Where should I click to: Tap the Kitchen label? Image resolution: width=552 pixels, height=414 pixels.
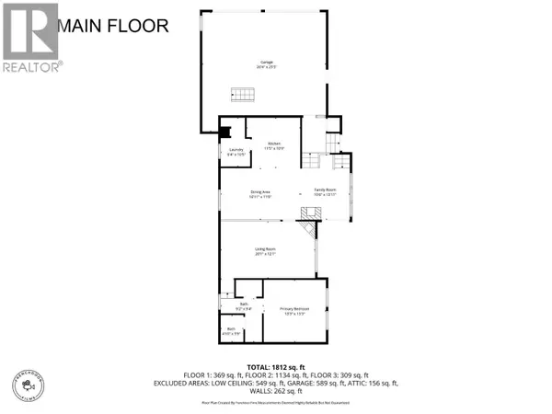coord(274,146)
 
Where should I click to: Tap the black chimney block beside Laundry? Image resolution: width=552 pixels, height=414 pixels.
coord(234,132)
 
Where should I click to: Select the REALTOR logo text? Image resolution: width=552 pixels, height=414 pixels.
coord(31,66)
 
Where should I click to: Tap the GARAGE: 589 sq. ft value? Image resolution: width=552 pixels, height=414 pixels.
coord(325,384)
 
